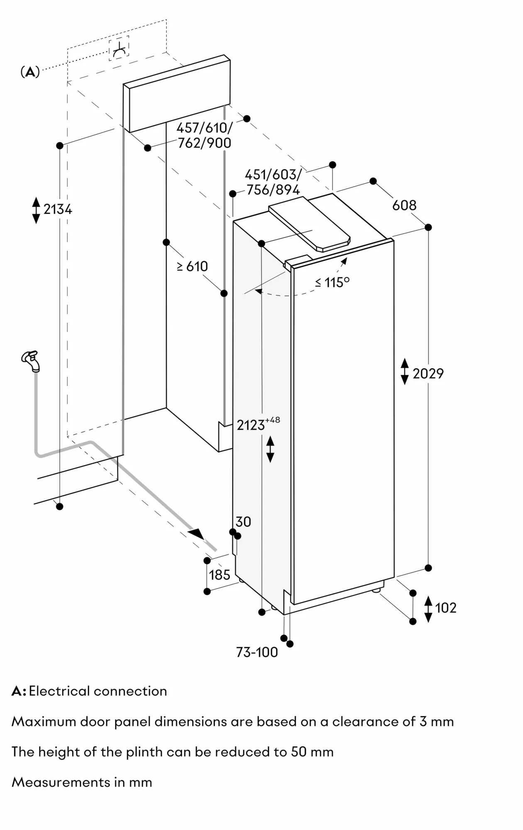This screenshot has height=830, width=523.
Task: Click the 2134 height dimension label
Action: (58, 209)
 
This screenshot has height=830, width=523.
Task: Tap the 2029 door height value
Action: (428, 373)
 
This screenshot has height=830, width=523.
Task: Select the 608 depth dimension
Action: (404, 205)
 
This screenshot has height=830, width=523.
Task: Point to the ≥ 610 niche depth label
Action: (192, 266)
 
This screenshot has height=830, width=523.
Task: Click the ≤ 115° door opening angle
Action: (332, 282)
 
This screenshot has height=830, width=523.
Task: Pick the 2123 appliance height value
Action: (251, 425)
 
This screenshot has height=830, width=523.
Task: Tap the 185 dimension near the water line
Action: (220, 575)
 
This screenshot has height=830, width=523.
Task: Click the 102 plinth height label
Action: (445, 608)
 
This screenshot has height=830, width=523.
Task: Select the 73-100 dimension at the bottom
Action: (257, 652)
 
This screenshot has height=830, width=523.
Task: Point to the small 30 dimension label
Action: (243, 522)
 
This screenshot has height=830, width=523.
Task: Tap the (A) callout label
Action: (30, 72)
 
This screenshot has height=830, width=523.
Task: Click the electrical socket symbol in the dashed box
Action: (119, 49)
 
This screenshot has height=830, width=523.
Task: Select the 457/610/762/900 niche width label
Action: (204, 135)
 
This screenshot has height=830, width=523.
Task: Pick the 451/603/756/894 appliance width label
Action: (273, 182)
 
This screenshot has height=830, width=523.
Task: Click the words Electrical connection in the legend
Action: (98, 691)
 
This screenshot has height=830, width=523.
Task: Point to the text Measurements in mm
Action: (82, 782)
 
